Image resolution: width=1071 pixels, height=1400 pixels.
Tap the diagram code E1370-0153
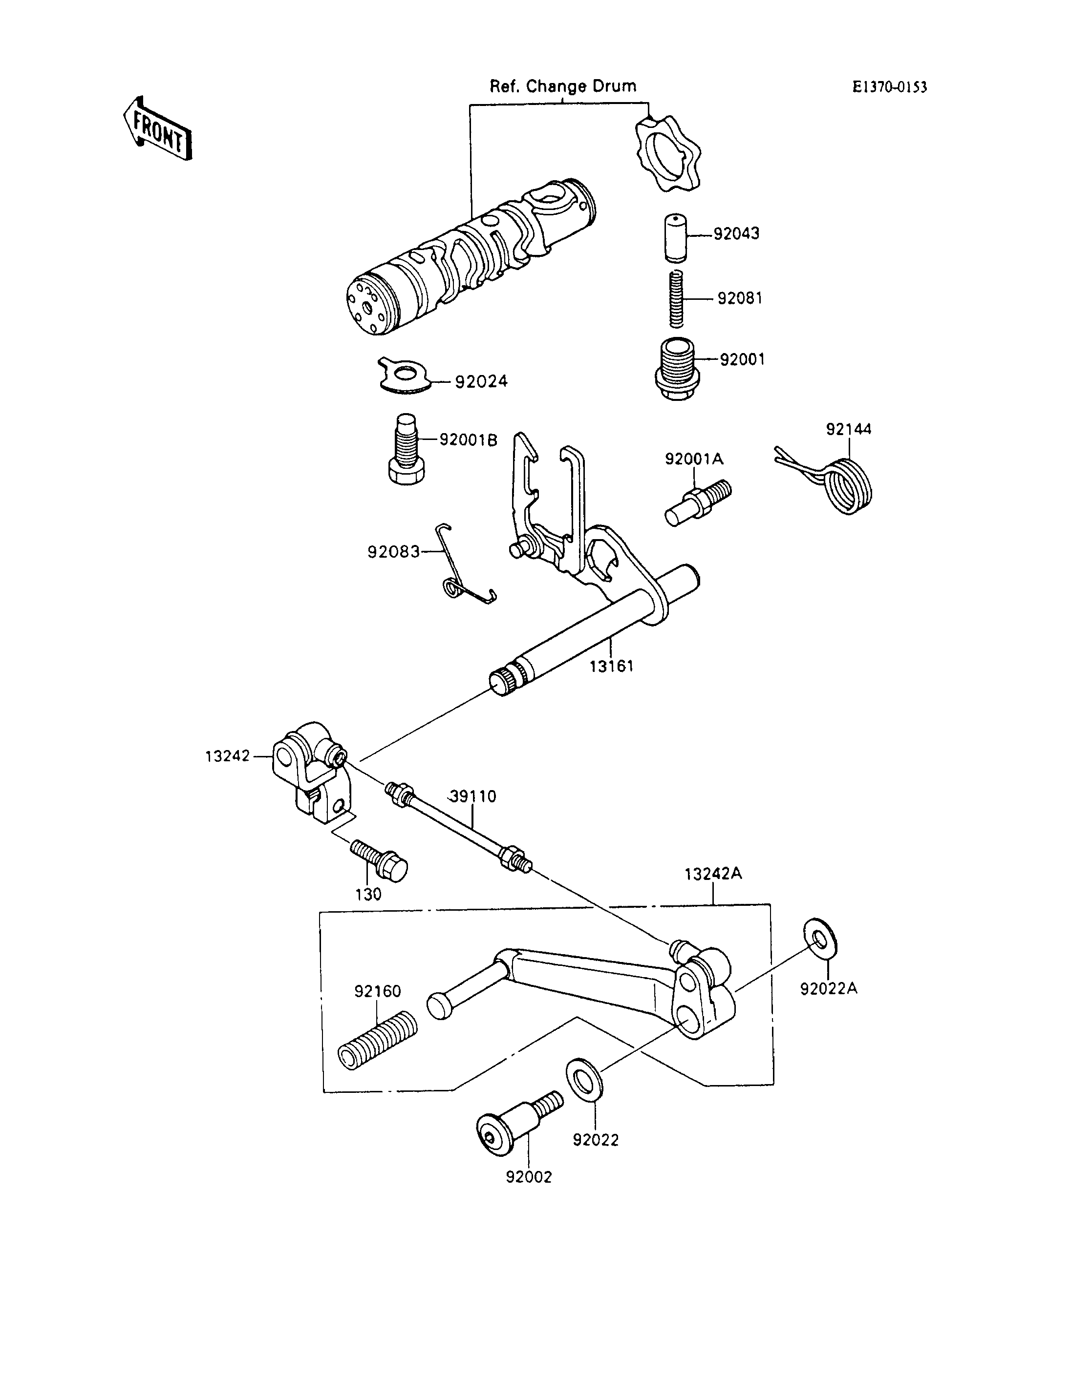coord(890,87)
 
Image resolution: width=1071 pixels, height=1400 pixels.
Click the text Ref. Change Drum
coord(563,86)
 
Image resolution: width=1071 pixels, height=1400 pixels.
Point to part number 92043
coord(736,234)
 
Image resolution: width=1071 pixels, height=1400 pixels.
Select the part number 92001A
coord(694,459)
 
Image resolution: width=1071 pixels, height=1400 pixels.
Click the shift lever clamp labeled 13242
coord(310,769)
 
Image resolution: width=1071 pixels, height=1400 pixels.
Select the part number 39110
coord(472,796)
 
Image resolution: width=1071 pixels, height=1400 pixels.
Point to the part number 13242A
coord(713,874)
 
